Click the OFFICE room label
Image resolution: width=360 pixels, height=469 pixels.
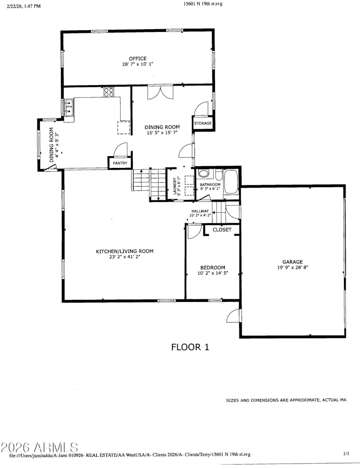138,59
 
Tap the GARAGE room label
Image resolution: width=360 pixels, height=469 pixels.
292,262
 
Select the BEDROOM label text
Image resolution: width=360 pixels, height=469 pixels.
212,268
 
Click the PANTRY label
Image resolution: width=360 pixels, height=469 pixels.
120,163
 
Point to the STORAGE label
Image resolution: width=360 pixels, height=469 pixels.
202,123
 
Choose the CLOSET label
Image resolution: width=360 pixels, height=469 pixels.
222,230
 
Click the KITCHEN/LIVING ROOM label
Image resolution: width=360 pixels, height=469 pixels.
124,252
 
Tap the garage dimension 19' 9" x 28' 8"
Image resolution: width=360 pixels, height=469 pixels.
292,268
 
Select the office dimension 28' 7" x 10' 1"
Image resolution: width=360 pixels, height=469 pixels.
138,64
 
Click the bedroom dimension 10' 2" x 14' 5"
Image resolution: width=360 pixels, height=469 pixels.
212,273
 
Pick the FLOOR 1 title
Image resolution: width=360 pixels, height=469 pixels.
190,347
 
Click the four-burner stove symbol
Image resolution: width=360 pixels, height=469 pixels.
108,92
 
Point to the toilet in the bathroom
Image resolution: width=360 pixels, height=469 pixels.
204,174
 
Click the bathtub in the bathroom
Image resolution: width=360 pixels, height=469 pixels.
230,181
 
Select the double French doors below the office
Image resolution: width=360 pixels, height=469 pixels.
160,92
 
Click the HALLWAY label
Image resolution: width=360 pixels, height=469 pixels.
200,211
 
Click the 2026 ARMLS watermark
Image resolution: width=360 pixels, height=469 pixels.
39,447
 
